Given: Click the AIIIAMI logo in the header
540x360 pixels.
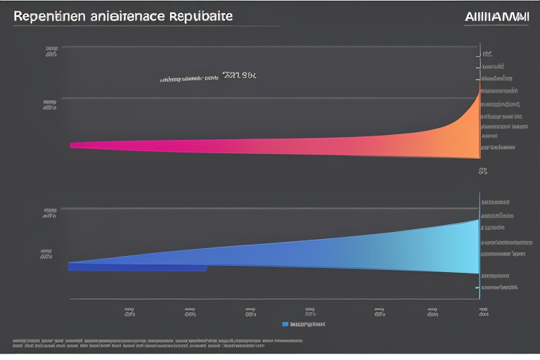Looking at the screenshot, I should click(496, 16).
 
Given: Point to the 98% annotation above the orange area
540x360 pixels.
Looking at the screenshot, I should click(240, 74).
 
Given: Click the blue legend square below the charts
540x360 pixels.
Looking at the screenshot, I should click(285, 324).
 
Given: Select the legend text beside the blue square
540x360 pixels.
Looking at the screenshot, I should click(308, 324).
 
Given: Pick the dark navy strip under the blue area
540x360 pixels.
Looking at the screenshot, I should click(137, 268).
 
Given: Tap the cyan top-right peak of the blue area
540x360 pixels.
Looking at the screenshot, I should click(476, 222).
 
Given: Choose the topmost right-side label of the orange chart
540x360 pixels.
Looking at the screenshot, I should click(487, 53).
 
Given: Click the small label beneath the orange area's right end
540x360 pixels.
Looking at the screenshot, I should click(483, 170).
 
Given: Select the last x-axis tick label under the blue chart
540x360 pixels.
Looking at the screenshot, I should click(484, 312).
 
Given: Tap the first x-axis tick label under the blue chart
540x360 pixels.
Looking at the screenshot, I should click(129, 312).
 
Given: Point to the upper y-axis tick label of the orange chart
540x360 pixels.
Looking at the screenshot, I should click(51, 51).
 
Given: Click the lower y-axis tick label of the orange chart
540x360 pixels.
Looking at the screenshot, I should click(49, 105).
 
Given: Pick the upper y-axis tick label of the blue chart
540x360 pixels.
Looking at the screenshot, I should click(50, 213).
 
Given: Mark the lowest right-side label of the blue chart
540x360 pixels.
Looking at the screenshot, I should click(499, 287).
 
